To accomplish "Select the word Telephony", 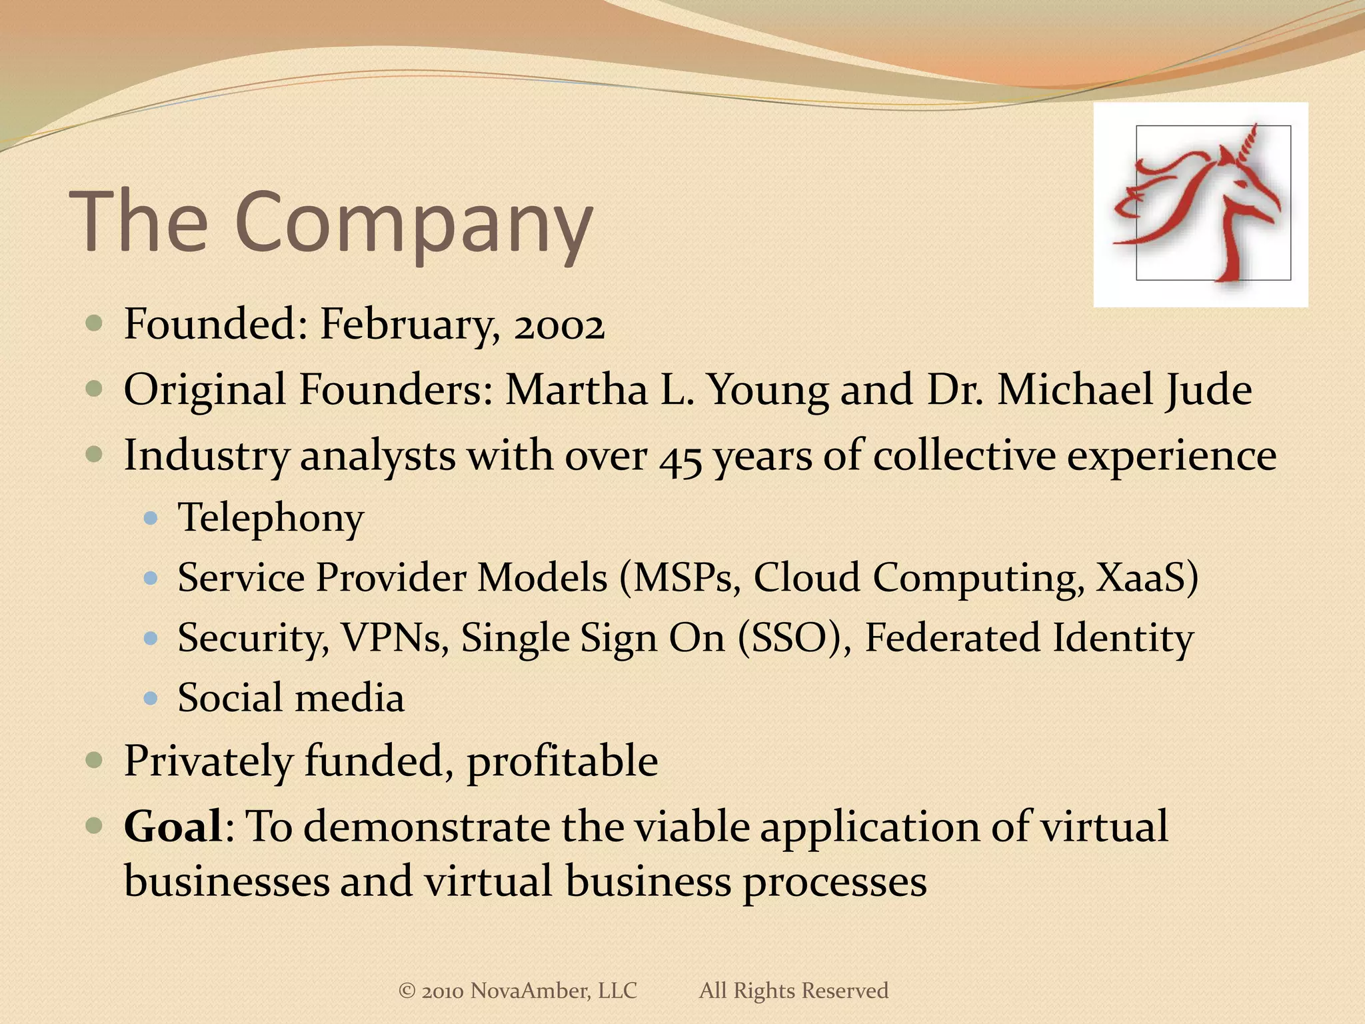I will coord(271,519).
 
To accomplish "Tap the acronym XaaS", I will coord(1147,577).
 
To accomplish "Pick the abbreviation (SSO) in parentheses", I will coord(793,639).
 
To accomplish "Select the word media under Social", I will coord(349,699).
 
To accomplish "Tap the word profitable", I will coord(562,761).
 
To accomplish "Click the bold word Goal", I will coord(173,827).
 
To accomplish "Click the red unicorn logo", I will coord(1200,204).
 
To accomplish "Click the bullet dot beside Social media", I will coord(151,699).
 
